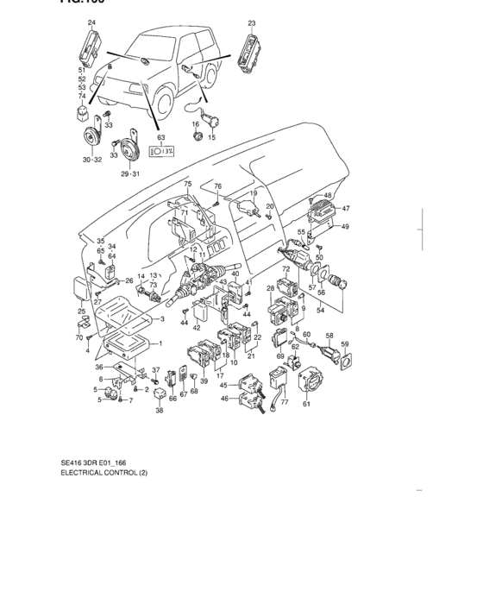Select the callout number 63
pos(160,137)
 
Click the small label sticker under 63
pos(161,151)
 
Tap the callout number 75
pos(187,186)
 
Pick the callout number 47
pos(345,209)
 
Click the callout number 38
pos(159,411)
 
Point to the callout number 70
pos(78,337)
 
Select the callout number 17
pos(220,375)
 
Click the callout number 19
pos(253,193)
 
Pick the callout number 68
pos(194,392)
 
